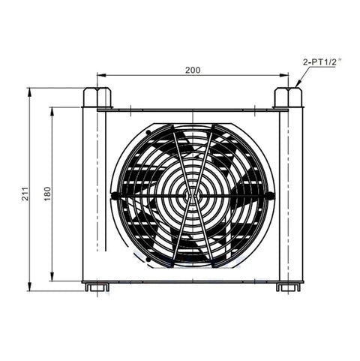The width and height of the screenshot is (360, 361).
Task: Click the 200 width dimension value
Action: tap(193, 70)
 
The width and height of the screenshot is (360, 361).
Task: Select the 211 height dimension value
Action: tap(25, 194)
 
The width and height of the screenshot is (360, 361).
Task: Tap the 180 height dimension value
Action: tap(47, 194)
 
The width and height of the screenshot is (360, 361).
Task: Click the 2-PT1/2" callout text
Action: tap(322, 62)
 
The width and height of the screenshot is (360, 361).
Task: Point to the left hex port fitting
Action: tap(97, 98)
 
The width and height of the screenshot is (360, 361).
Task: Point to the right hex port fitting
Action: tap(288, 98)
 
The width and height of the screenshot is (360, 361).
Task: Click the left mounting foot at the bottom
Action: tap(97, 287)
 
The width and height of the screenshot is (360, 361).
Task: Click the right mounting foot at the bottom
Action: tap(288, 287)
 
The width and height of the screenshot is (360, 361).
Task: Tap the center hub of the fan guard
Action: tap(193, 195)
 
